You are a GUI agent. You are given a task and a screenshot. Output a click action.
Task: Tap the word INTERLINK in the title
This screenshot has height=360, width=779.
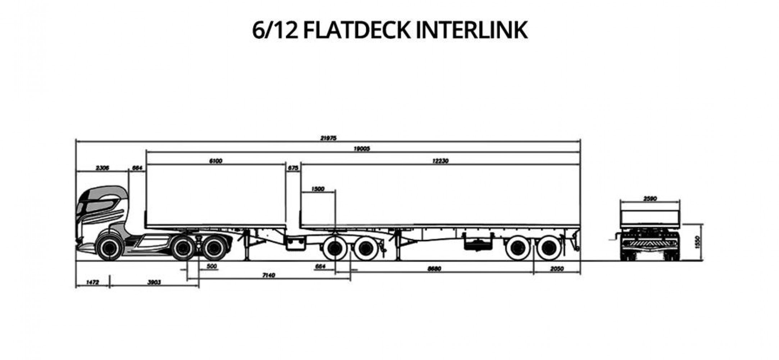tap(472, 30)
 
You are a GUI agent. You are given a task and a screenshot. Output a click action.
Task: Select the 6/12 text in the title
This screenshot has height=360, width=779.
tap(275, 30)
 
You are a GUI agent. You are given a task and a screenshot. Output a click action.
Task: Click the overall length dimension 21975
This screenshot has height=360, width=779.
tap(328, 138)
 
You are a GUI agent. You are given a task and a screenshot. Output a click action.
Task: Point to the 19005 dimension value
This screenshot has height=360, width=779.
tap(361, 149)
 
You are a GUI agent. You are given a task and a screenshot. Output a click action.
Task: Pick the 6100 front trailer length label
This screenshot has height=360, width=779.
tap(216, 161)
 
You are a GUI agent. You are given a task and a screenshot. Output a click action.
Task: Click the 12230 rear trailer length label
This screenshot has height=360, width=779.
tap(440, 161)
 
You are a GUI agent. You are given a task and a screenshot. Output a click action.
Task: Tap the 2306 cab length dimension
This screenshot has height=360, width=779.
tap(103, 168)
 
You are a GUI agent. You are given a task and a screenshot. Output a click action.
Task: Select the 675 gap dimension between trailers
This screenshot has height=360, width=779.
tap(293, 168)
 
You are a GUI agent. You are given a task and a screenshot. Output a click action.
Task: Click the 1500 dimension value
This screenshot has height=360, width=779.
tap(318, 189)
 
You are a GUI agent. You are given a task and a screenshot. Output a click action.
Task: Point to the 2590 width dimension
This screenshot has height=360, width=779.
tap(650, 198)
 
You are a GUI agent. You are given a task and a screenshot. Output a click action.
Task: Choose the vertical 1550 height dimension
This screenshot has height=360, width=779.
tap(697, 242)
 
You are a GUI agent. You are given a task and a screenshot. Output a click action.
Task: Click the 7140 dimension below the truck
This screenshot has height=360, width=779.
tap(268, 275)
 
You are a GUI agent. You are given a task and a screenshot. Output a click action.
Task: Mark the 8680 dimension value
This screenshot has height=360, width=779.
tap(434, 269)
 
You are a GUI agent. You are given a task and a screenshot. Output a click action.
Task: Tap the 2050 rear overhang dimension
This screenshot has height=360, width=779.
tap(557, 269)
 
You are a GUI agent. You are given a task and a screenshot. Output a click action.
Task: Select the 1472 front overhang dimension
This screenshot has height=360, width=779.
tap(92, 283)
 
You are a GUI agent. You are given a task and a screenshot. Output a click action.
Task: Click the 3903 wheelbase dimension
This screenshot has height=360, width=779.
tap(154, 283)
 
